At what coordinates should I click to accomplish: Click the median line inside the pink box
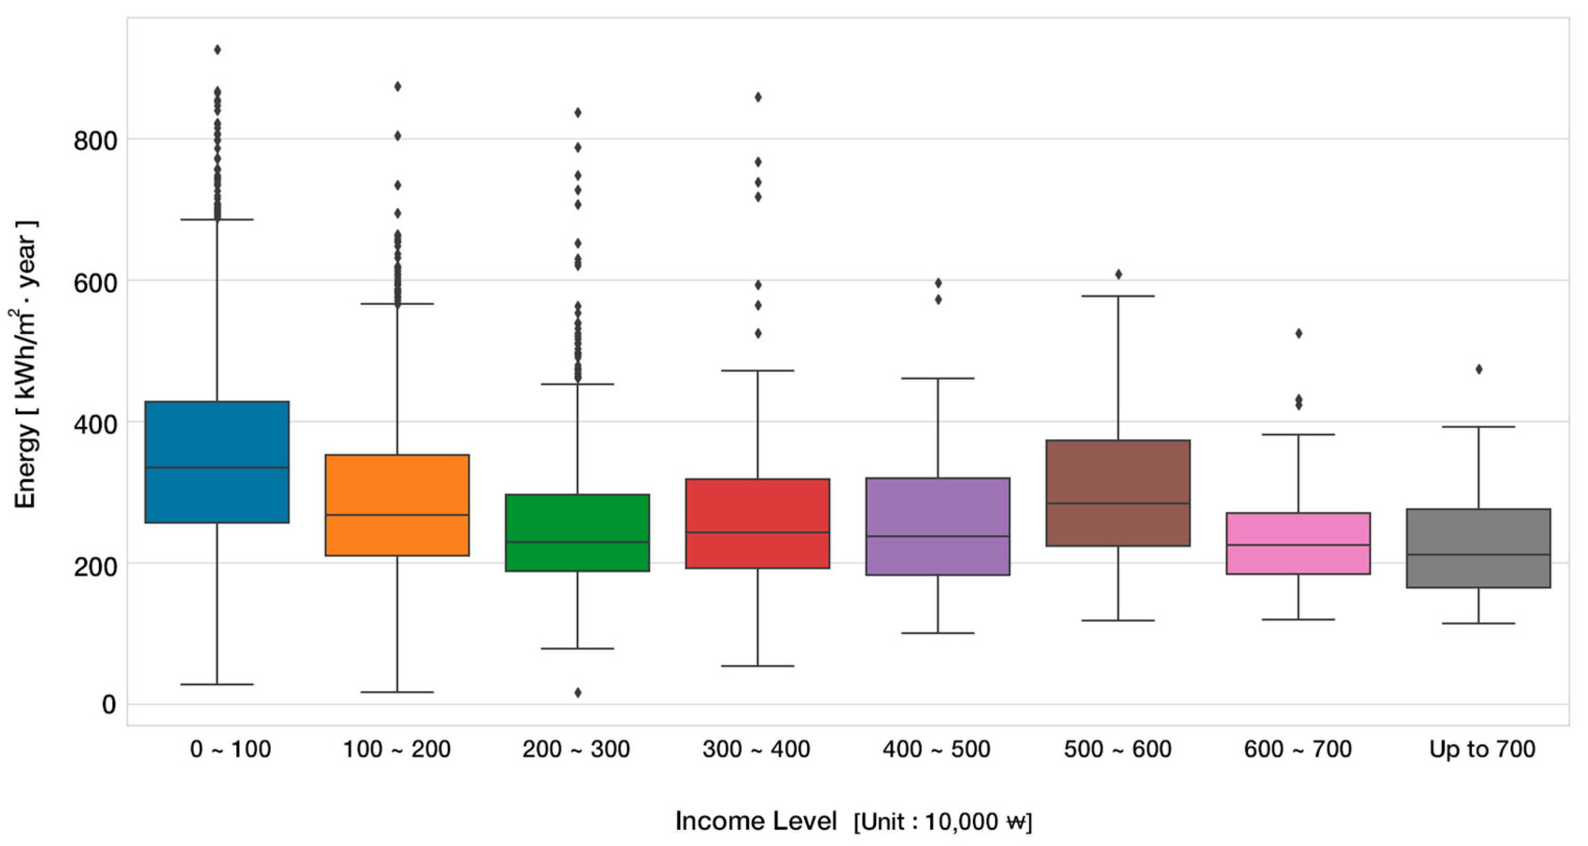[x=1298, y=545]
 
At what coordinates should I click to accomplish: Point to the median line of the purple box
[x=937, y=536]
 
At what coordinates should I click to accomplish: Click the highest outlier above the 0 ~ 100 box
[x=217, y=49]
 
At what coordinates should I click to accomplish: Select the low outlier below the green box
[x=578, y=692]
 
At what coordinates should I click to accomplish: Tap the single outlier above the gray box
[x=1478, y=369]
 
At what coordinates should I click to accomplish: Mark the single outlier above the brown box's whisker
[x=1118, y=274]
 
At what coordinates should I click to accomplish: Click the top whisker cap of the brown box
[x=1118, y=296]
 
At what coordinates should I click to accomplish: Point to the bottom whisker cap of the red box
[x=758, y=666]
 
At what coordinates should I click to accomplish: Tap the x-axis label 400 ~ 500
[x=936, y=749]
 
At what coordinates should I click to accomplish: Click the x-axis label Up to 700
[x=1482, y=749]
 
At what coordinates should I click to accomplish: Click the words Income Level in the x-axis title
[x=756, y=820]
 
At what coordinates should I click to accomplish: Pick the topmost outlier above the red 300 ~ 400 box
[x=758, y=97]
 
